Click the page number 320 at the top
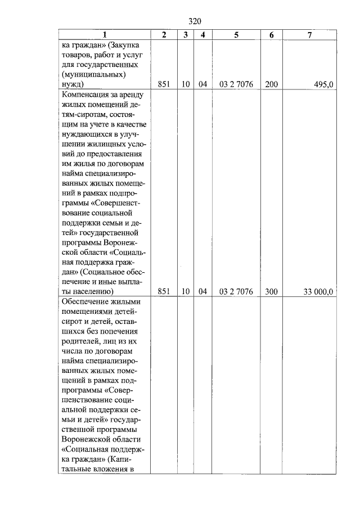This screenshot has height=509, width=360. click(195, 21)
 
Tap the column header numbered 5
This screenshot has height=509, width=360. click(236, 35)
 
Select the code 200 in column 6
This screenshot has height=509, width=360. click(272, 84)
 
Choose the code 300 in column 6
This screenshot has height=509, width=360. click(272, 291)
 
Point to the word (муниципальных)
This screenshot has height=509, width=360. click(95, 74)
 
